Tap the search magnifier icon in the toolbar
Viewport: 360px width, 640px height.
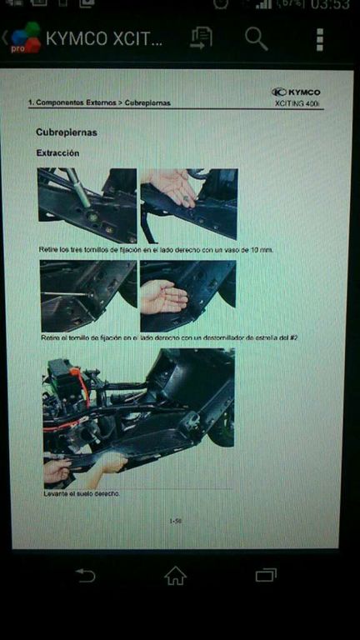pos(256,38)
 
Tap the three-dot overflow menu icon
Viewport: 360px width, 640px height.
pos(320,39)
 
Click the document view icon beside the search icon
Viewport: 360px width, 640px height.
pos(201,37)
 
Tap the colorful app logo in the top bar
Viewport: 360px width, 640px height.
pos(25,39)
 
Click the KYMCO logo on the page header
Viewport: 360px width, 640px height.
pos(296,92)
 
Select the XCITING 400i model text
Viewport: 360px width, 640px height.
pos(297,104)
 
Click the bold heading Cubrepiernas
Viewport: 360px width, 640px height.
pos(67,132)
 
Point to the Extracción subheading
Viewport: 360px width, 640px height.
pos(57,153)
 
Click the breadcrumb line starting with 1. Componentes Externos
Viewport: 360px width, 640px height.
pos(99,102)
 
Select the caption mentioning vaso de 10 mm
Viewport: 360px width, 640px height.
pos(156,249)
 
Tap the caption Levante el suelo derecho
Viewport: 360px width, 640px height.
pos(82,493)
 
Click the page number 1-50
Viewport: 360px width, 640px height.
pos(175,522)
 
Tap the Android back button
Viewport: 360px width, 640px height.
pos(85,575)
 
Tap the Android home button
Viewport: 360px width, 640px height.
pos(175,575)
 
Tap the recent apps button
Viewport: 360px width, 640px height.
pos(266,575)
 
